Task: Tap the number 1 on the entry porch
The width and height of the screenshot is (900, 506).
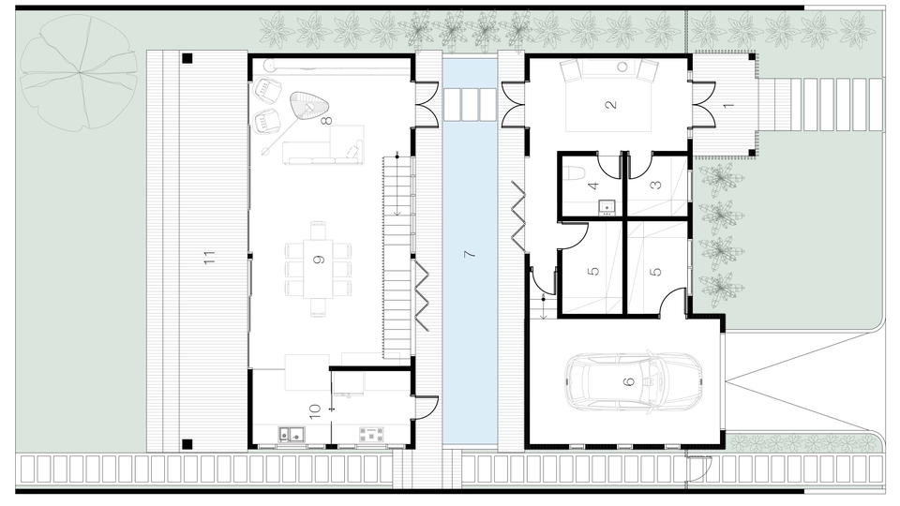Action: [x=728, y=106]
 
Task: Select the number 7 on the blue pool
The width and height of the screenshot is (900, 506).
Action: [x=470, y=253]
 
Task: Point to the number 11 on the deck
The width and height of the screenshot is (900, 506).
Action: [x=209, y=257]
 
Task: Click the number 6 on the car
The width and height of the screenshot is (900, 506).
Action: [x=629, y=381]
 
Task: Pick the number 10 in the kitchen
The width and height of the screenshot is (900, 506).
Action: [x=314, y=411]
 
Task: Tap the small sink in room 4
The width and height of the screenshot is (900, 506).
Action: [x=607, y=206]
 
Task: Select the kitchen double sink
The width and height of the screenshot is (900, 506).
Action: [x=292, y=434]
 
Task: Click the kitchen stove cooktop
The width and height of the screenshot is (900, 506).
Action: [x=371, y=434]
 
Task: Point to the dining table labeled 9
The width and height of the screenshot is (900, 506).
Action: [x=318, y=268]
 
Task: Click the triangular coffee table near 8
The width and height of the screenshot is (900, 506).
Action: [x=308, y=106]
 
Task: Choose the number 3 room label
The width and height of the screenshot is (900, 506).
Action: [x=656, y=185]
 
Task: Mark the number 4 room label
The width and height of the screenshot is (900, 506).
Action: [x=593, y=186]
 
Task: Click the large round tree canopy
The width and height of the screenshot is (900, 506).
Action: [x=79, y=73]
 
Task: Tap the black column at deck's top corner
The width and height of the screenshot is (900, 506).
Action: [x=187, y=58]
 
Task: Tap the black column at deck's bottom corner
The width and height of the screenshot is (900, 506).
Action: [x=187, y=443]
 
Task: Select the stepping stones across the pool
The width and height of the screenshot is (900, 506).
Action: [x=470, y=104]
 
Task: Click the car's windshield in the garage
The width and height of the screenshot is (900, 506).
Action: [x=652, y=381]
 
